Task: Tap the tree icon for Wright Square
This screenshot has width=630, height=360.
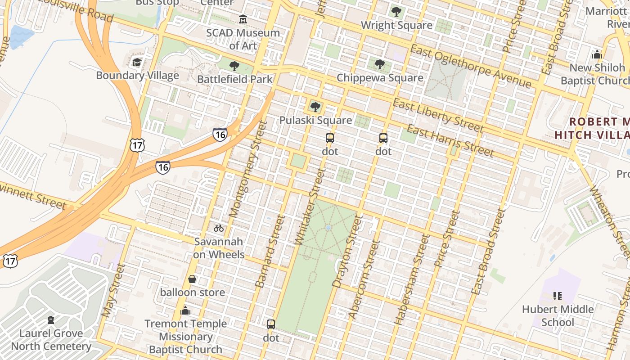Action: [396, 12]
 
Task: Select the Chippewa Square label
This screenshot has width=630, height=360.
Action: [380, 78]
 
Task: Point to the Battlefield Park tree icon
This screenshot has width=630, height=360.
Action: [234, 66]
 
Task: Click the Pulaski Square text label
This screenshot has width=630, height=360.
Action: [315, 120]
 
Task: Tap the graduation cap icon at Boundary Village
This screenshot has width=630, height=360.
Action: [137, 62]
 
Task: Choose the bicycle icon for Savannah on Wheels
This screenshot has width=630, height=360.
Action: [219, 228]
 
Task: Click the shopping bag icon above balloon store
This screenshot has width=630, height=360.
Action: [192, 279]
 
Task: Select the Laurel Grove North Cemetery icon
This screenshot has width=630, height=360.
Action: [51, 320]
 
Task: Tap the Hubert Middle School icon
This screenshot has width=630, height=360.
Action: [558, 296]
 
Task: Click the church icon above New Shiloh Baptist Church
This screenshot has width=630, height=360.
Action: [597, 55]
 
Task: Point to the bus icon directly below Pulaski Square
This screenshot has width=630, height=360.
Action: [330, 138]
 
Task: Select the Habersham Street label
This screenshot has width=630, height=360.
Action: [412, 279]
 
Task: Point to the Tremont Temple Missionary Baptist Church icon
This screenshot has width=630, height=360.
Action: [185, 310]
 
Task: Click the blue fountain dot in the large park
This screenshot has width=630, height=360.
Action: [328, 228]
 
